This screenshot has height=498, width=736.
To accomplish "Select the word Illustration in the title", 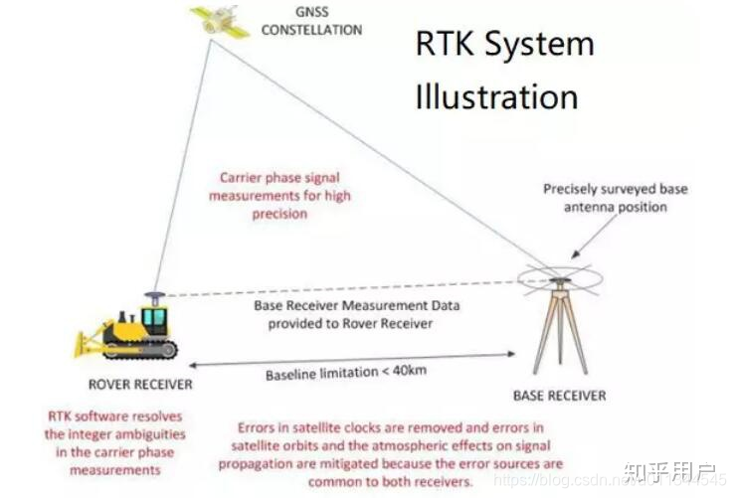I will tap(496, 96).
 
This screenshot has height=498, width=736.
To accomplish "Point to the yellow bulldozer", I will tap(129, 331).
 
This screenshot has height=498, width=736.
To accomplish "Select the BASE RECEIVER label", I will tap(559, 395).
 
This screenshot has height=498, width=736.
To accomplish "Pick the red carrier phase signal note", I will tap(279, 196).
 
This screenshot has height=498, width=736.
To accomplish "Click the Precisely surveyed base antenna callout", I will tap(615, 198).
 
